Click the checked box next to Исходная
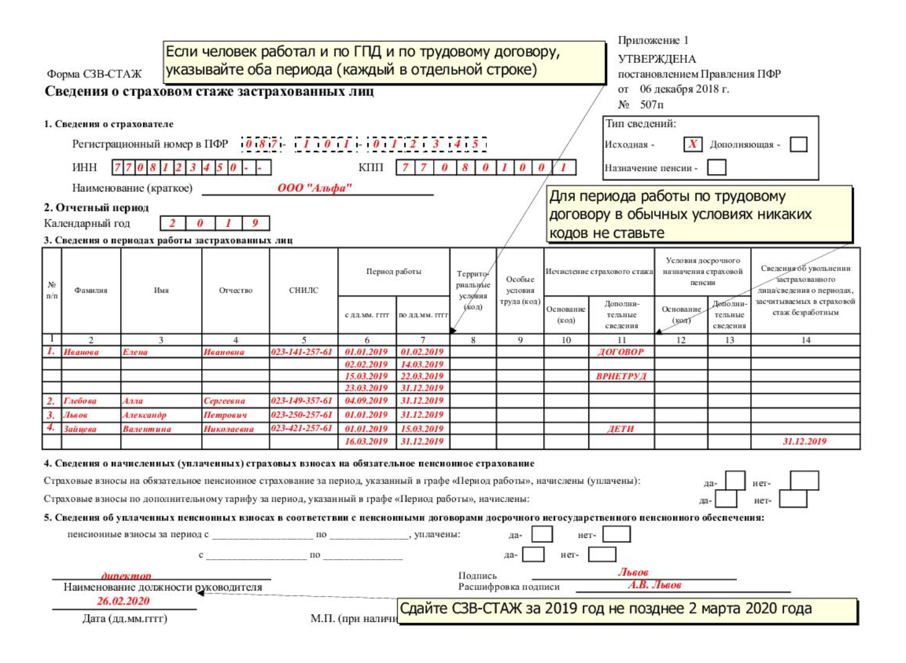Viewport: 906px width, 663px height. (x=692, y=144)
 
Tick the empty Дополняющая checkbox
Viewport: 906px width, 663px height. (x=798, y=144)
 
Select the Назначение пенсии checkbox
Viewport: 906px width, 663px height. (x=716, y=167)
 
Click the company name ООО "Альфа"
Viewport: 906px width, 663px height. (x=314, y=188)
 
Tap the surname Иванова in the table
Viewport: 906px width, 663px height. (x=81, y=352)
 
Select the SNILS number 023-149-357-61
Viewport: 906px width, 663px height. (x=301, y=400)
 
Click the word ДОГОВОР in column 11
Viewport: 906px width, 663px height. (x=621, y=352)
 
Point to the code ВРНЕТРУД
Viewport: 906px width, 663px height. (x=621, y=376)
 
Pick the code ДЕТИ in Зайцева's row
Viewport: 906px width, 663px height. (x=621, y=429)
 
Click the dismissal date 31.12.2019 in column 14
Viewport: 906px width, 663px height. (x=805, y=441)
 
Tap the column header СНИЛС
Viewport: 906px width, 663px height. (x=303, y=290)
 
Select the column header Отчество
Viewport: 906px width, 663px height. (x=236, y=290)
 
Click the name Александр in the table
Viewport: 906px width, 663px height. (x=144, y=415)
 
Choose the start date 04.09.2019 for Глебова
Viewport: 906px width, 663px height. (x=366, y=400)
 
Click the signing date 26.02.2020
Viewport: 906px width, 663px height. (x=123, y=601)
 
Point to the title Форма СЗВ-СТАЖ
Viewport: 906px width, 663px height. (x=94, y=74)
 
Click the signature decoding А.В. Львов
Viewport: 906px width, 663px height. (x=655, y=585)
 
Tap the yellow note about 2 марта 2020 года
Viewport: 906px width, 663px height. (x=628, y=609)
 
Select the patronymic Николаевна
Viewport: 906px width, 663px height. (x=228, y=429)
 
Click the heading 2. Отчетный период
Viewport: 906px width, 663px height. (x=96, y=208)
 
